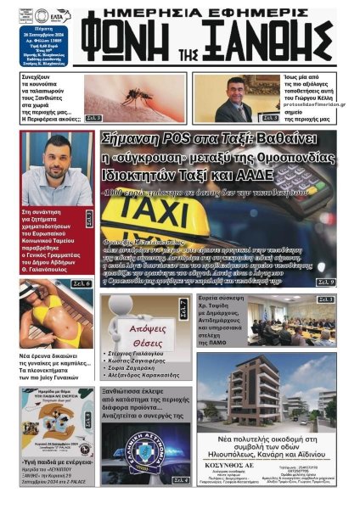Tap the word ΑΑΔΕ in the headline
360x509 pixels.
click(x=253, y=176)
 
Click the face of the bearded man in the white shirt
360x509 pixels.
click(x=59, y=156)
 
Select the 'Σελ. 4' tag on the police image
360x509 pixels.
click(x=180, y=480)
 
